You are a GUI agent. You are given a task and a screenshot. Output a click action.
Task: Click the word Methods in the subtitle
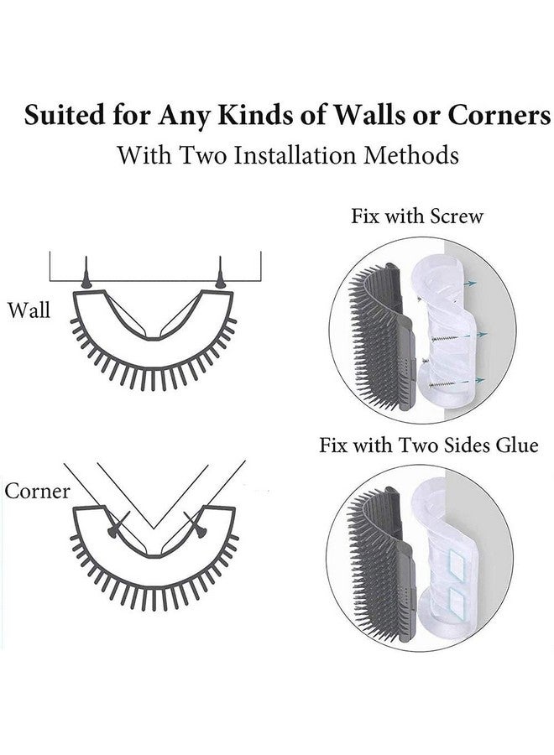point(415,155)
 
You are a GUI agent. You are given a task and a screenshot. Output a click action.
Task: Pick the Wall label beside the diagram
point(29,310)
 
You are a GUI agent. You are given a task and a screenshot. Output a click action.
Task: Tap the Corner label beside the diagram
point(37,490)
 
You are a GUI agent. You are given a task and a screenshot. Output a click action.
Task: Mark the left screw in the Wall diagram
point(86,274)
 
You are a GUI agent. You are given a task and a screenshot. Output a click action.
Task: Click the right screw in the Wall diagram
point(221,274)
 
